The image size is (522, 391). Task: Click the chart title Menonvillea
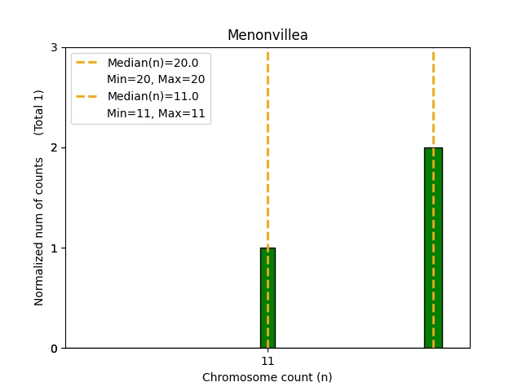point(268,35)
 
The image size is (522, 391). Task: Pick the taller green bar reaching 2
point(433,248)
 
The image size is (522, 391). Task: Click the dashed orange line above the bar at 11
point(268,147)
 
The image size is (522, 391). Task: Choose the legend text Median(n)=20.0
point(153,63)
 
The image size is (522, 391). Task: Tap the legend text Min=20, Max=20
point(156,79)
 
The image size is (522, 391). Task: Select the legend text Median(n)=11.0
point(153,96)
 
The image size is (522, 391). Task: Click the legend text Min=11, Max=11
point(156,113)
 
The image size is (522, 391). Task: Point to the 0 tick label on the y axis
point(55,349)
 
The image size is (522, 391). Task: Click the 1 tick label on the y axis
point(55,248)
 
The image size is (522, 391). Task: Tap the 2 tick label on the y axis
point(55,147)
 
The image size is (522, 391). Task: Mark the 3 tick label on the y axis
point(55,47)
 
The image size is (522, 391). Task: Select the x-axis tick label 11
point(268,361)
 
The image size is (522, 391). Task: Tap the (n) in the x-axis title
point(324,377)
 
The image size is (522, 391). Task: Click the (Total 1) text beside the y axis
point(39,112)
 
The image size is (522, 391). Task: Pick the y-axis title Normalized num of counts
point(39,231)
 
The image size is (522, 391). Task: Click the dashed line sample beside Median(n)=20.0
point(88,63)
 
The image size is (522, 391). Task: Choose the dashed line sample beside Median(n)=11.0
point(88,96)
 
